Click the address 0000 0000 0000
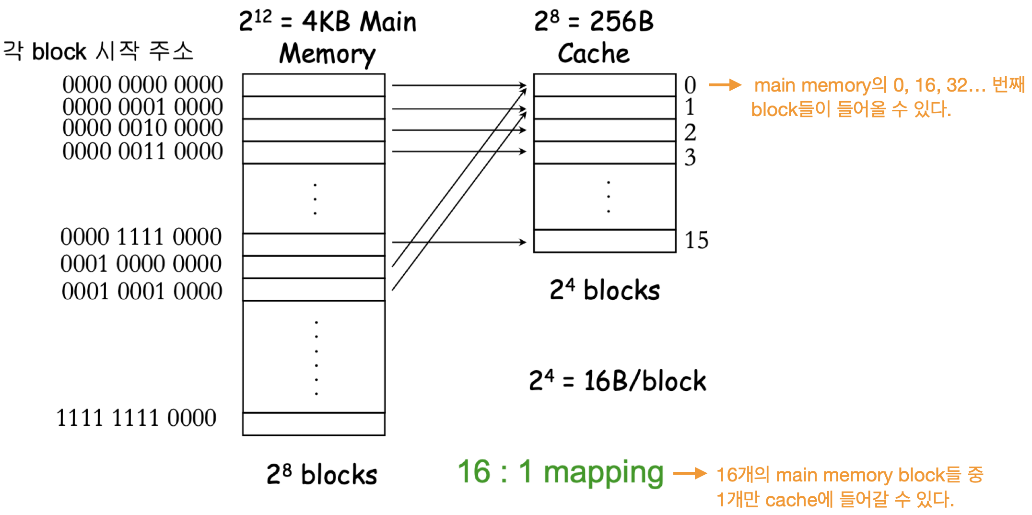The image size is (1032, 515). click(x=142, y=85)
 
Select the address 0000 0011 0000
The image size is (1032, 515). click(x=142, y=152)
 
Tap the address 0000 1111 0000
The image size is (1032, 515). click(x=141, y=237)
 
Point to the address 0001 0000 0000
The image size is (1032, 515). click(x=141, y=264)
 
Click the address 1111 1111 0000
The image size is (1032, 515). click(x=136, y=418)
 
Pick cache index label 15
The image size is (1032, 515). click(x=696, y=240)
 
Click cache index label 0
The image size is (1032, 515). click(x=690, y=86)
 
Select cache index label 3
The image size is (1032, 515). click(x=690, y=157)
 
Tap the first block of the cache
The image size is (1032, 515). click(x=605, y=85)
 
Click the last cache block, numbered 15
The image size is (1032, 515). click(x=605, y=241)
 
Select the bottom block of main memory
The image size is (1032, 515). click(x=314, y=424)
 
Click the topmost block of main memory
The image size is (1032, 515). click(x=314, y=85)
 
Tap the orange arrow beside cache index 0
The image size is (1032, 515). click(x=725, y=85)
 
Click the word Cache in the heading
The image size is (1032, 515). click(x=594, y=53)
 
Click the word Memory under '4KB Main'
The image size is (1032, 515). click(x=328, y=54)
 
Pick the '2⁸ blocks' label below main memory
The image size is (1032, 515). click(x=322, y=474)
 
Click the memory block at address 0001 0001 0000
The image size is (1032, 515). click(x=314, y=290)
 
